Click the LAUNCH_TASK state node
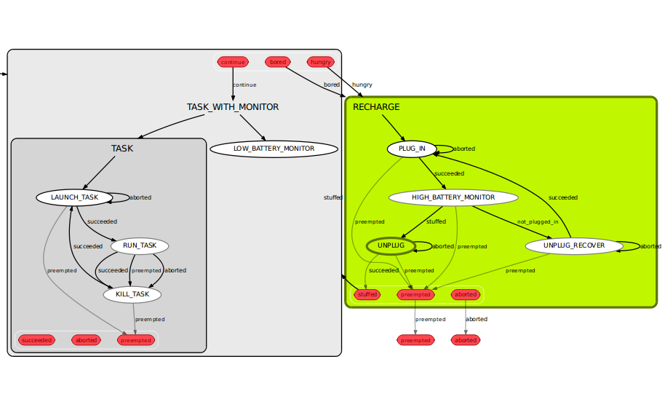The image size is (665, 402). point(74,197)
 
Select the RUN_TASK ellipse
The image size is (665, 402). point(140,245)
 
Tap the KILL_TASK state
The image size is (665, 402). point(132,295)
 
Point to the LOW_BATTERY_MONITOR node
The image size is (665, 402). point(274,149)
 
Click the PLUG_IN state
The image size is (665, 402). point(412,149)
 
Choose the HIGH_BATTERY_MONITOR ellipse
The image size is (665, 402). point(453,197)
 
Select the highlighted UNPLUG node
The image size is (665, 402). point(391,246)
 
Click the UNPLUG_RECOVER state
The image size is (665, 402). point(574,246)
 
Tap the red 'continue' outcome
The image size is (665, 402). point(233,62)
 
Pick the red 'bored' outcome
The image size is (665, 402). point(278,62)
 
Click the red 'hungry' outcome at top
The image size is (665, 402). point(321,62)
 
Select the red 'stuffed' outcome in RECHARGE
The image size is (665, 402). point(367,295)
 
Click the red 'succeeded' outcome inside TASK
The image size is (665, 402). point(37,340)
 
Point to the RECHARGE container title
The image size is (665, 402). point(376,107)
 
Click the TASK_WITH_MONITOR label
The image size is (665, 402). point(233,107)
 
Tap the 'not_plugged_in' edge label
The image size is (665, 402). point(538,221)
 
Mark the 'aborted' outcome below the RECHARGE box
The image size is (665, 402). point(466,340)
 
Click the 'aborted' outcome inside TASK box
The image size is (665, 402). point(87,340)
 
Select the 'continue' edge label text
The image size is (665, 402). point(245,84)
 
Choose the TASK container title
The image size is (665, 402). point(122,149)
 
